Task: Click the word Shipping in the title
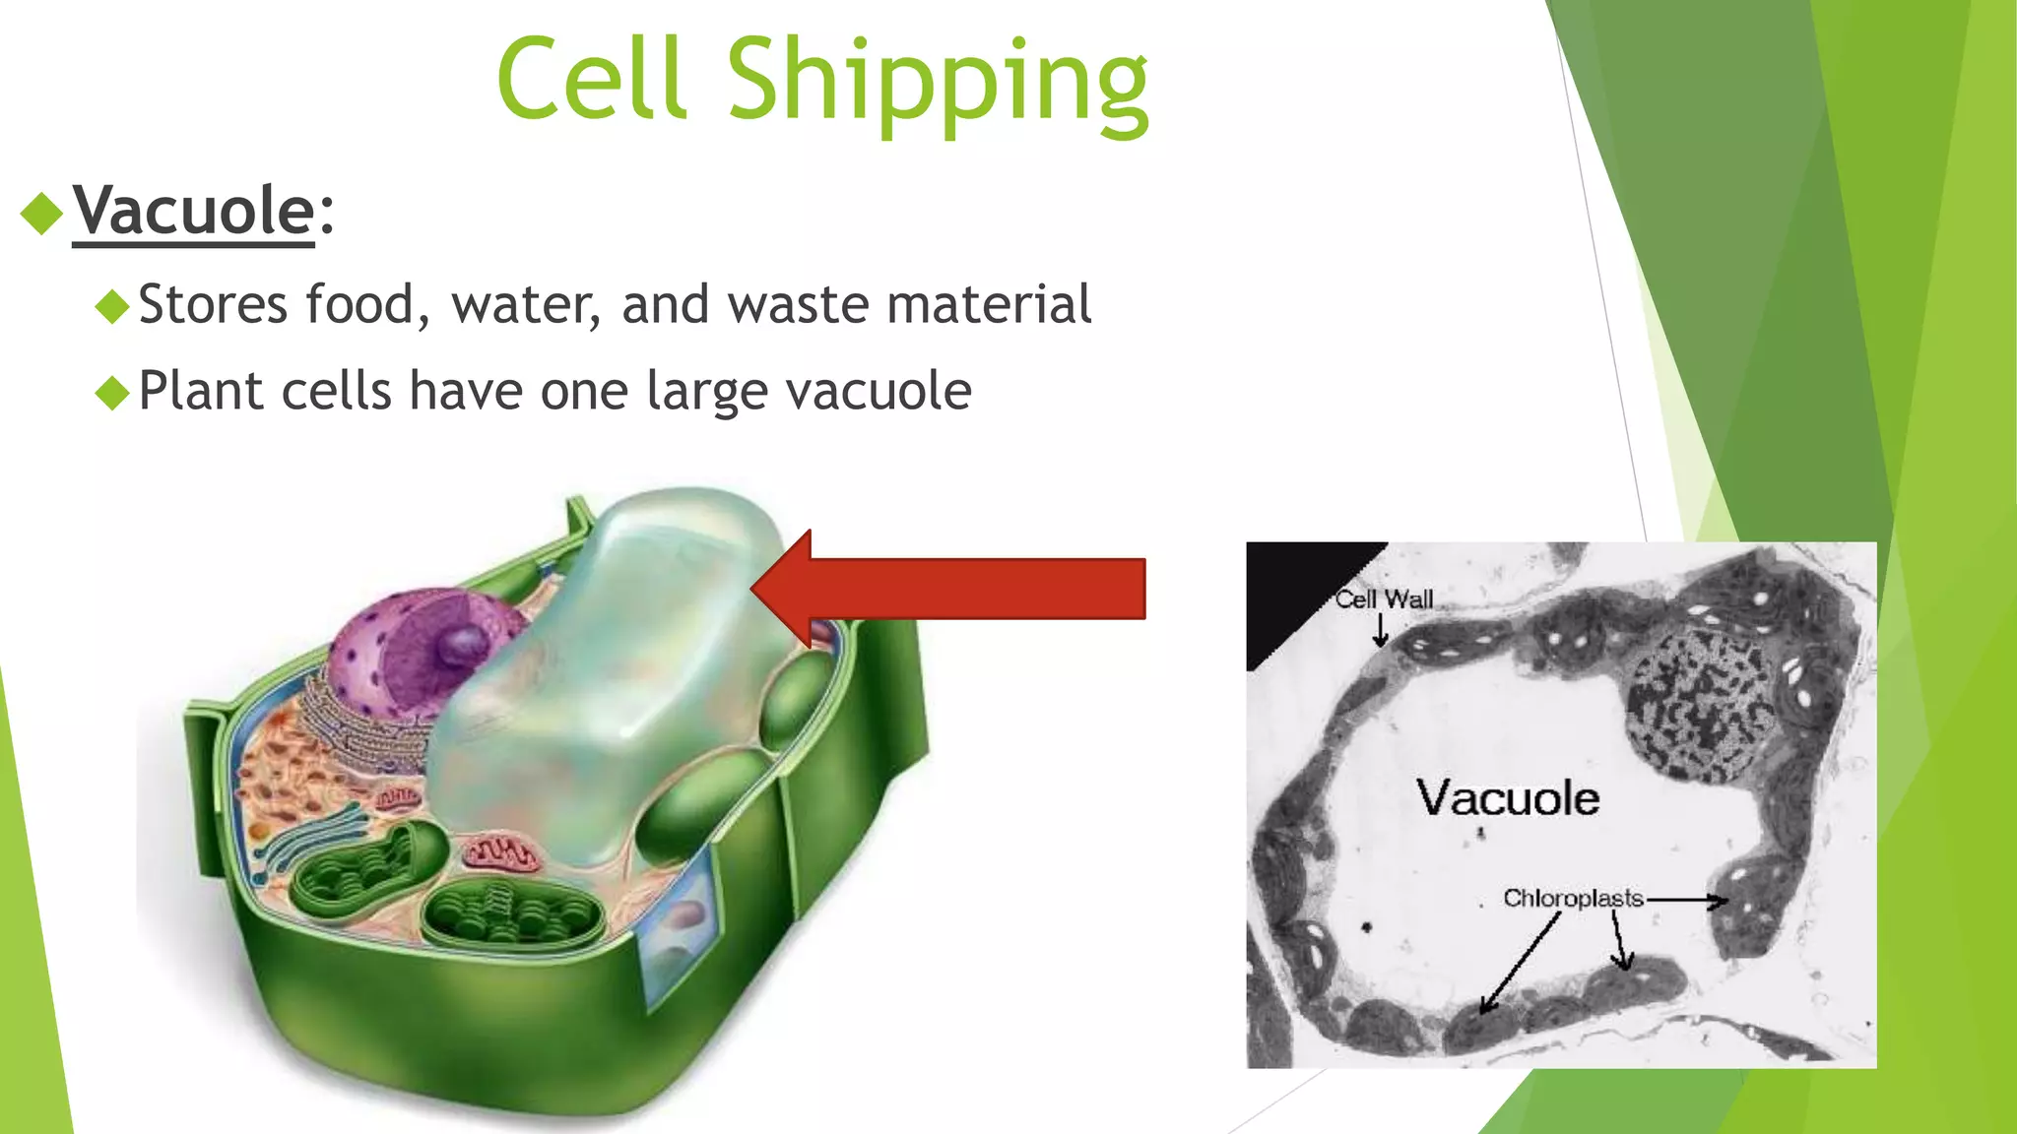937,81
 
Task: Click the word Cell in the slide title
591,79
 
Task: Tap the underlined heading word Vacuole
193,211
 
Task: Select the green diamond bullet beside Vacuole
41,213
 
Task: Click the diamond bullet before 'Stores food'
112,306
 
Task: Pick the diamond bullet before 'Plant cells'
112,393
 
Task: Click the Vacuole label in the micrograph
1507,797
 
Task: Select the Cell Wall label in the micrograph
1384,599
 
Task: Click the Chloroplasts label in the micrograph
1572,898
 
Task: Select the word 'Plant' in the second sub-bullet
201,392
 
